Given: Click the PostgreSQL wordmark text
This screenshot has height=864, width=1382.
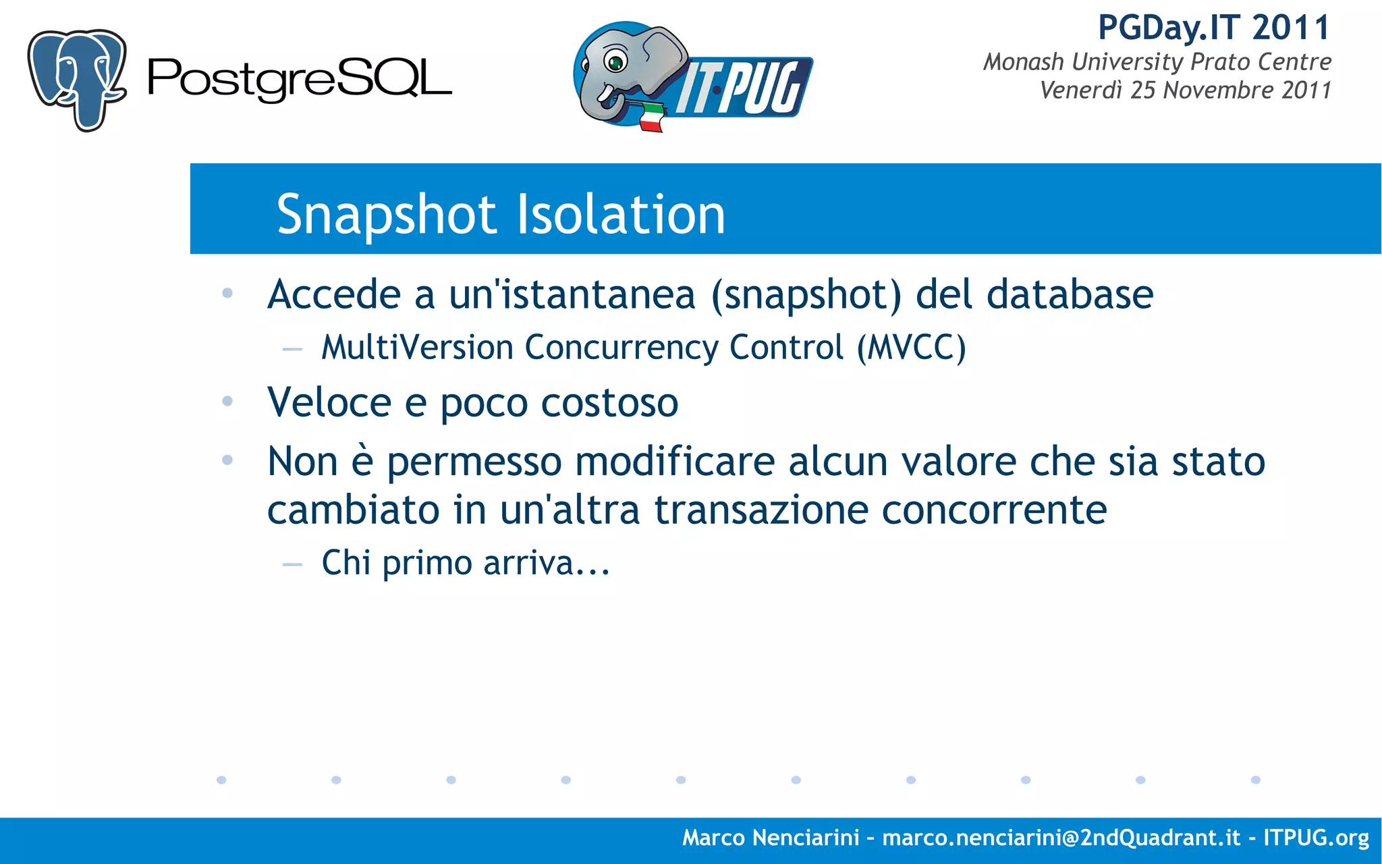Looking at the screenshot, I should point(299,80).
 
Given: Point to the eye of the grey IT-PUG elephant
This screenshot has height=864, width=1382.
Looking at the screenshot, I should point(615,63).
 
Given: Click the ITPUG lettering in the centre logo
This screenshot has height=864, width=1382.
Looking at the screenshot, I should point(742,88).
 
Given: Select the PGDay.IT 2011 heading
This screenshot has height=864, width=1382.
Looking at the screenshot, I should point(1213,28).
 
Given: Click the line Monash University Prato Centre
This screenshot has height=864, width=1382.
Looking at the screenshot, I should point(1157,62).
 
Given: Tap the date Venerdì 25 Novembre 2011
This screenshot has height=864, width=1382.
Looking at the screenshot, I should point(1185,90).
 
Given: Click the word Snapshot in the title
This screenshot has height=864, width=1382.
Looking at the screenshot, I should point(387,215).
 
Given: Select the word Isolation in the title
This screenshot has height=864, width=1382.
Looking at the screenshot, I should point(621,215).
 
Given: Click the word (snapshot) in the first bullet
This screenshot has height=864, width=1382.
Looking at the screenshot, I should point(806,295).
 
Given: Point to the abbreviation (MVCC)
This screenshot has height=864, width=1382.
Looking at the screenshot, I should point(911,348).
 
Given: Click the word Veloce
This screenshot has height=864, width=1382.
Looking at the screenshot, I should point(329,402).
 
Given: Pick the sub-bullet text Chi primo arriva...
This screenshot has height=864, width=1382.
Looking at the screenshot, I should point(466,562).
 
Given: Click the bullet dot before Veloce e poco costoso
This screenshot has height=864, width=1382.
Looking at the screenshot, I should point(227,402).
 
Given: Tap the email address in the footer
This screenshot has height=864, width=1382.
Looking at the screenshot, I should point(1061,838).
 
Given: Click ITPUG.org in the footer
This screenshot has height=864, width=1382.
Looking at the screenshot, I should point(1316,838).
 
